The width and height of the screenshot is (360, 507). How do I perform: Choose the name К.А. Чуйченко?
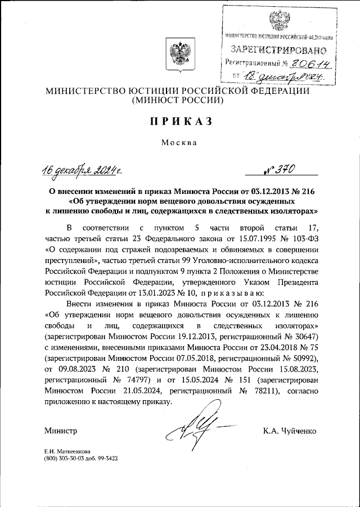[289, 431]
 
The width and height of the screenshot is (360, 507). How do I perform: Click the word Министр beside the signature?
[60, 431]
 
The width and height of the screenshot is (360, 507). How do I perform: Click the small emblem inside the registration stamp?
[277, 19]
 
